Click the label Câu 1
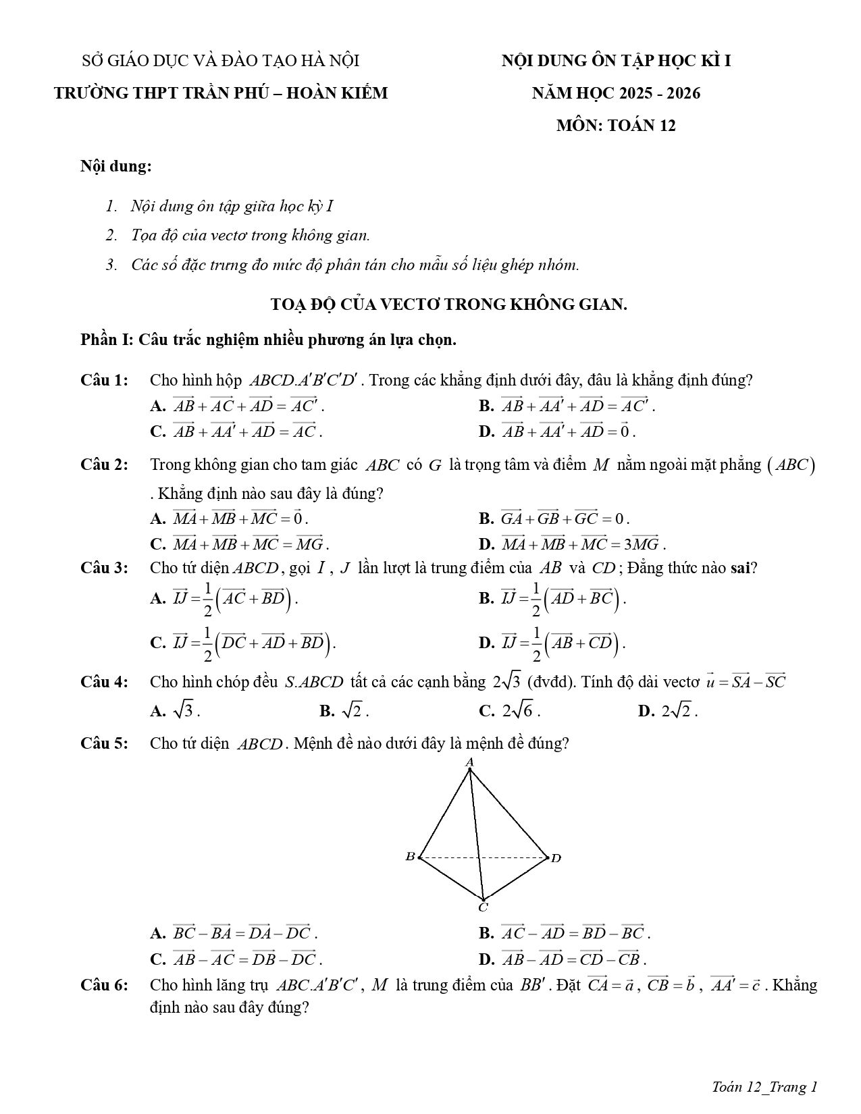104,380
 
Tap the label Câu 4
104,681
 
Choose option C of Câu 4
486,710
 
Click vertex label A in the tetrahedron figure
470,762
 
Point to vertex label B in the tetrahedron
409,857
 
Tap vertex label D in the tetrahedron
556,858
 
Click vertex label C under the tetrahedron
484,907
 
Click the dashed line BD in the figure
483,857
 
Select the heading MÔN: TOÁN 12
616,126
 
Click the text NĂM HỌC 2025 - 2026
616,93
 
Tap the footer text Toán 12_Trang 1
764,1086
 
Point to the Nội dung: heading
115,166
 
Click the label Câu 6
104,985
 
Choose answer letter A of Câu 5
158,934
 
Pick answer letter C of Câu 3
158,642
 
